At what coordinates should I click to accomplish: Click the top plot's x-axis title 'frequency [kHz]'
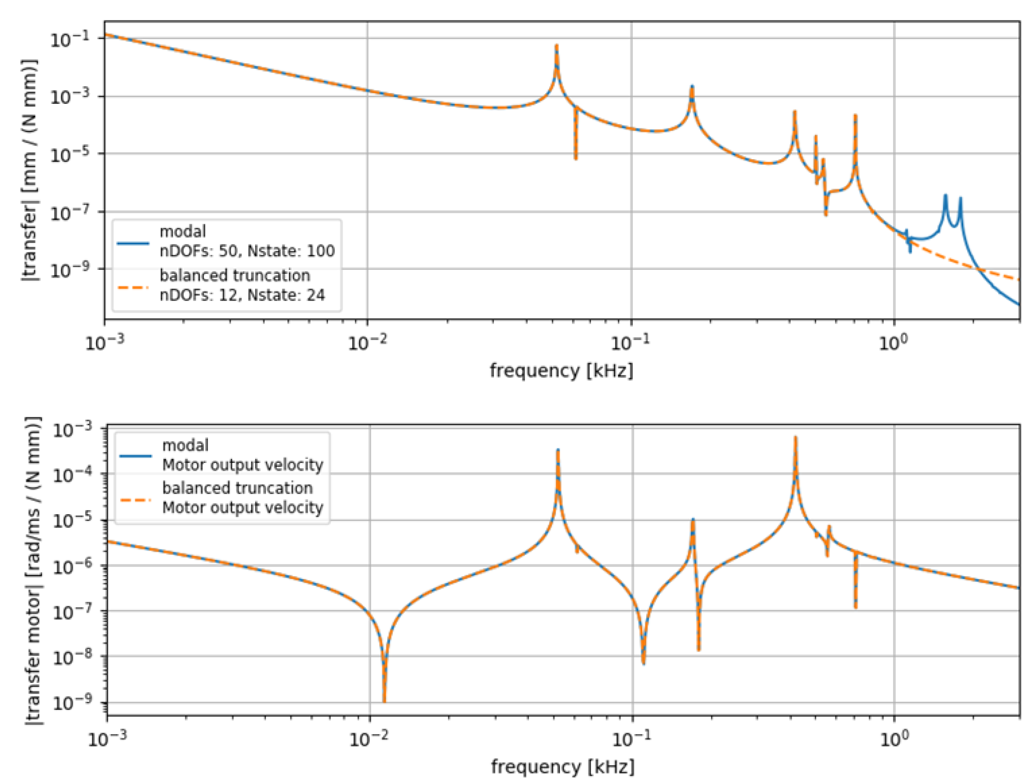point(561,371)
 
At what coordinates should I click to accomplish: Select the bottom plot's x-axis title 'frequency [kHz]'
point(562,767)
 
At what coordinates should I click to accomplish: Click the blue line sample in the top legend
point(133,243)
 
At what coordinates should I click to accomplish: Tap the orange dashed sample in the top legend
point(133,287)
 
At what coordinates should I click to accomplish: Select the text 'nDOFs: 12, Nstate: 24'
point(242,295)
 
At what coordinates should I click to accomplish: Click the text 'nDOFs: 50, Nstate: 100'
point(247,251)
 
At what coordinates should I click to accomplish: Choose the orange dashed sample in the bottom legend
point(136,499)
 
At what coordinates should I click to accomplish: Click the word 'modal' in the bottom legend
point(185,445)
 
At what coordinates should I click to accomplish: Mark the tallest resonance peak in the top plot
point(556,46)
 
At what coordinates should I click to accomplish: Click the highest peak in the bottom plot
point(795,438)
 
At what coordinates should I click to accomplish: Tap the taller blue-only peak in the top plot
point(945,195)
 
